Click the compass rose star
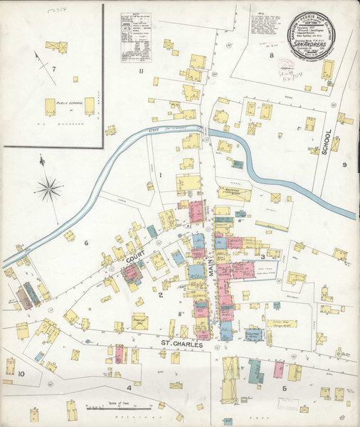[x=51, y=188]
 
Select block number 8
[x=271, y=54]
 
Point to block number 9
[x=344, y=165]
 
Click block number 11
[x=142, y=70]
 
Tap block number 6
[x=86, y=243]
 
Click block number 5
[x=284, y=388]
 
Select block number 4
[x=129, y=388]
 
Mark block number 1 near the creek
[x=162, y=174]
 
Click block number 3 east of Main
[x=263, y=256]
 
